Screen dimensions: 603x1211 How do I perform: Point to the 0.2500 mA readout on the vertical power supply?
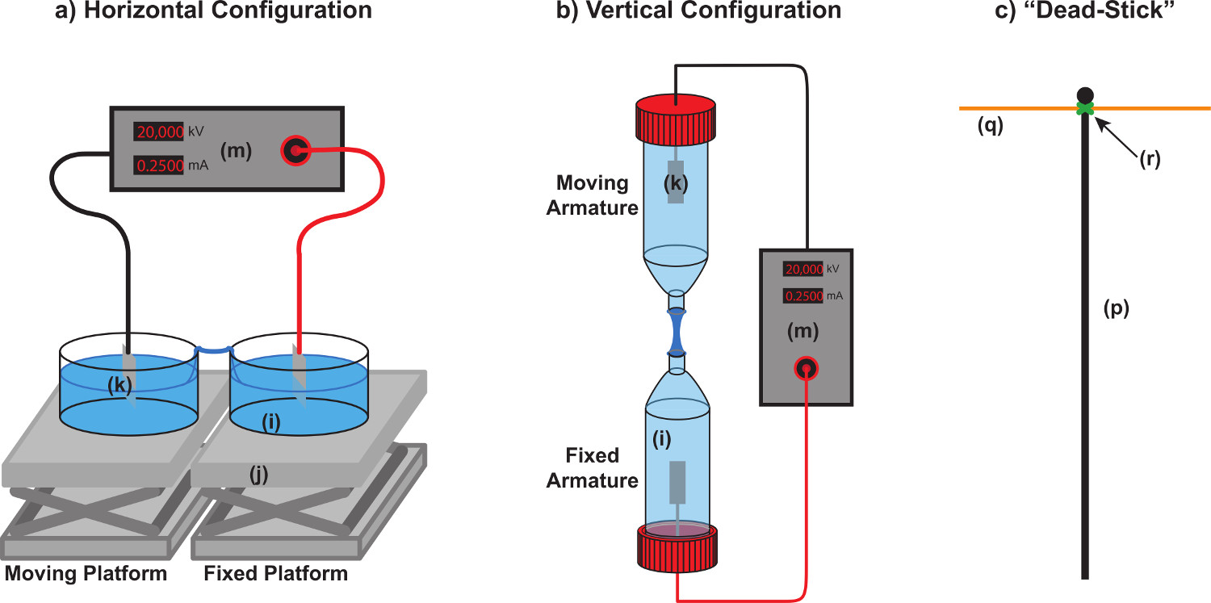[x=803, y=296]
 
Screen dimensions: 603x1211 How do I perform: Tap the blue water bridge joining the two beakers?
[x=215, y=350]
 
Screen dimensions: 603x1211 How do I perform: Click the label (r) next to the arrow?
[x=1149, y=159]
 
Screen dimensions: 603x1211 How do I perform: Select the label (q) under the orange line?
[x=990, y=126]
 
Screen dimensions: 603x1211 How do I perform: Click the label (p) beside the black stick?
[x=1115, y=308]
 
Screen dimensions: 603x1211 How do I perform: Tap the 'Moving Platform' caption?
[x=86, y=574]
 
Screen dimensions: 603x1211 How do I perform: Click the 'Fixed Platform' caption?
[x=276, y=574]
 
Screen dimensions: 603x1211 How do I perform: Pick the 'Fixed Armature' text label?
[x=592, y=468]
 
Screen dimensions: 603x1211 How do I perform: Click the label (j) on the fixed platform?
[x=258, y=476]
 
